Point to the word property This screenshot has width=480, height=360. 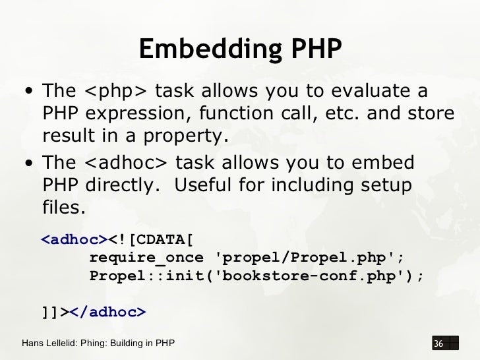pyautogui.click(x=191, y=136)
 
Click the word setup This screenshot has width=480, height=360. pyautogui.click(x=387, y=185)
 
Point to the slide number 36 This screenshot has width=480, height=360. pyautogui.click(x=437, y=344)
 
